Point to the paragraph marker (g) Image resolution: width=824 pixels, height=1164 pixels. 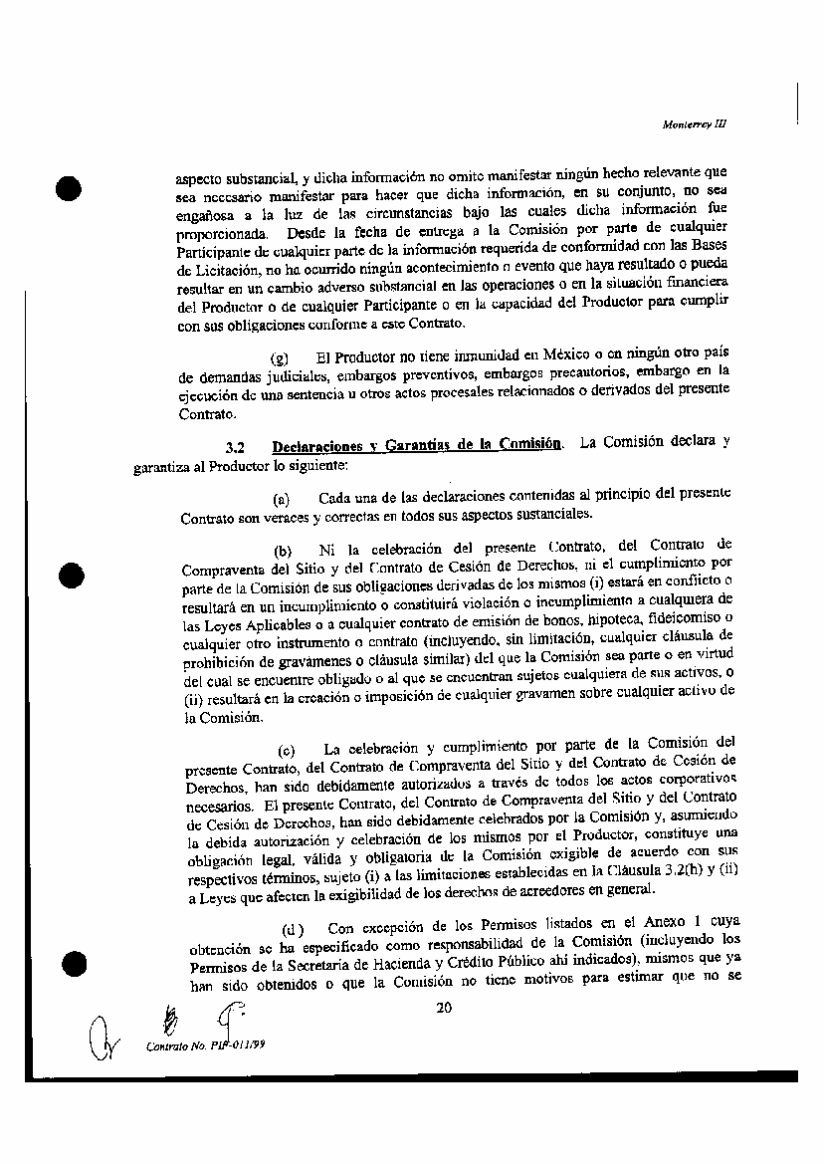tap(280, 358)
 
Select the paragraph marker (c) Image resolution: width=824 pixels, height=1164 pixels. tap(287, 749)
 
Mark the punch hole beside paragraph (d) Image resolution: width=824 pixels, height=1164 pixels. tap(72, 963)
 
